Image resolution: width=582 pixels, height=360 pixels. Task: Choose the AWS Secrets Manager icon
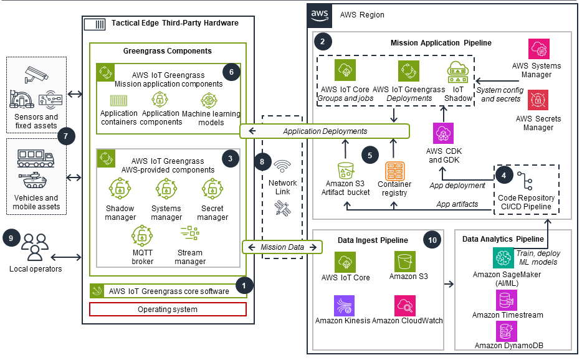coord(538,100)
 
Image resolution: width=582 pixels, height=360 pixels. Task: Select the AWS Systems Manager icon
coord(538,49)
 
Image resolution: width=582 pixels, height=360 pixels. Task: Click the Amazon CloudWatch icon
coord(404,305)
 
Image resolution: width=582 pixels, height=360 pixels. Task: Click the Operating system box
coord(168,310)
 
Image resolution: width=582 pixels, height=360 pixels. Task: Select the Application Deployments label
coord(325,131)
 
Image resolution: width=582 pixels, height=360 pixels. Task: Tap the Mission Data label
coord(282,247)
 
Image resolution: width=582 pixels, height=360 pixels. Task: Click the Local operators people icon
coord(35,247)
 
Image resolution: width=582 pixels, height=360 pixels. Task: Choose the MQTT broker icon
coord(143,235)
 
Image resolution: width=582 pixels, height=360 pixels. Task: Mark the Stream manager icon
coord(189,235)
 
